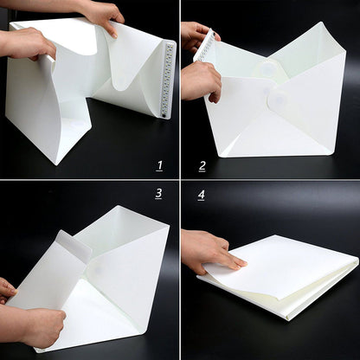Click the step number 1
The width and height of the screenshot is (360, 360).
pos(159,165)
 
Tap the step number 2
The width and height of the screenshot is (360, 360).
pos(202,165)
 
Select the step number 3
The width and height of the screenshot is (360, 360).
pos(158,193)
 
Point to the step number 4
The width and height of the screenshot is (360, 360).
pos(202,194)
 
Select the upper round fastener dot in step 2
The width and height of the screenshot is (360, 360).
pos(269,68)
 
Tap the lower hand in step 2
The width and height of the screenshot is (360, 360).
pos(199,80)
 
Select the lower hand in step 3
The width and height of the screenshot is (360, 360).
pos(39,325)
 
